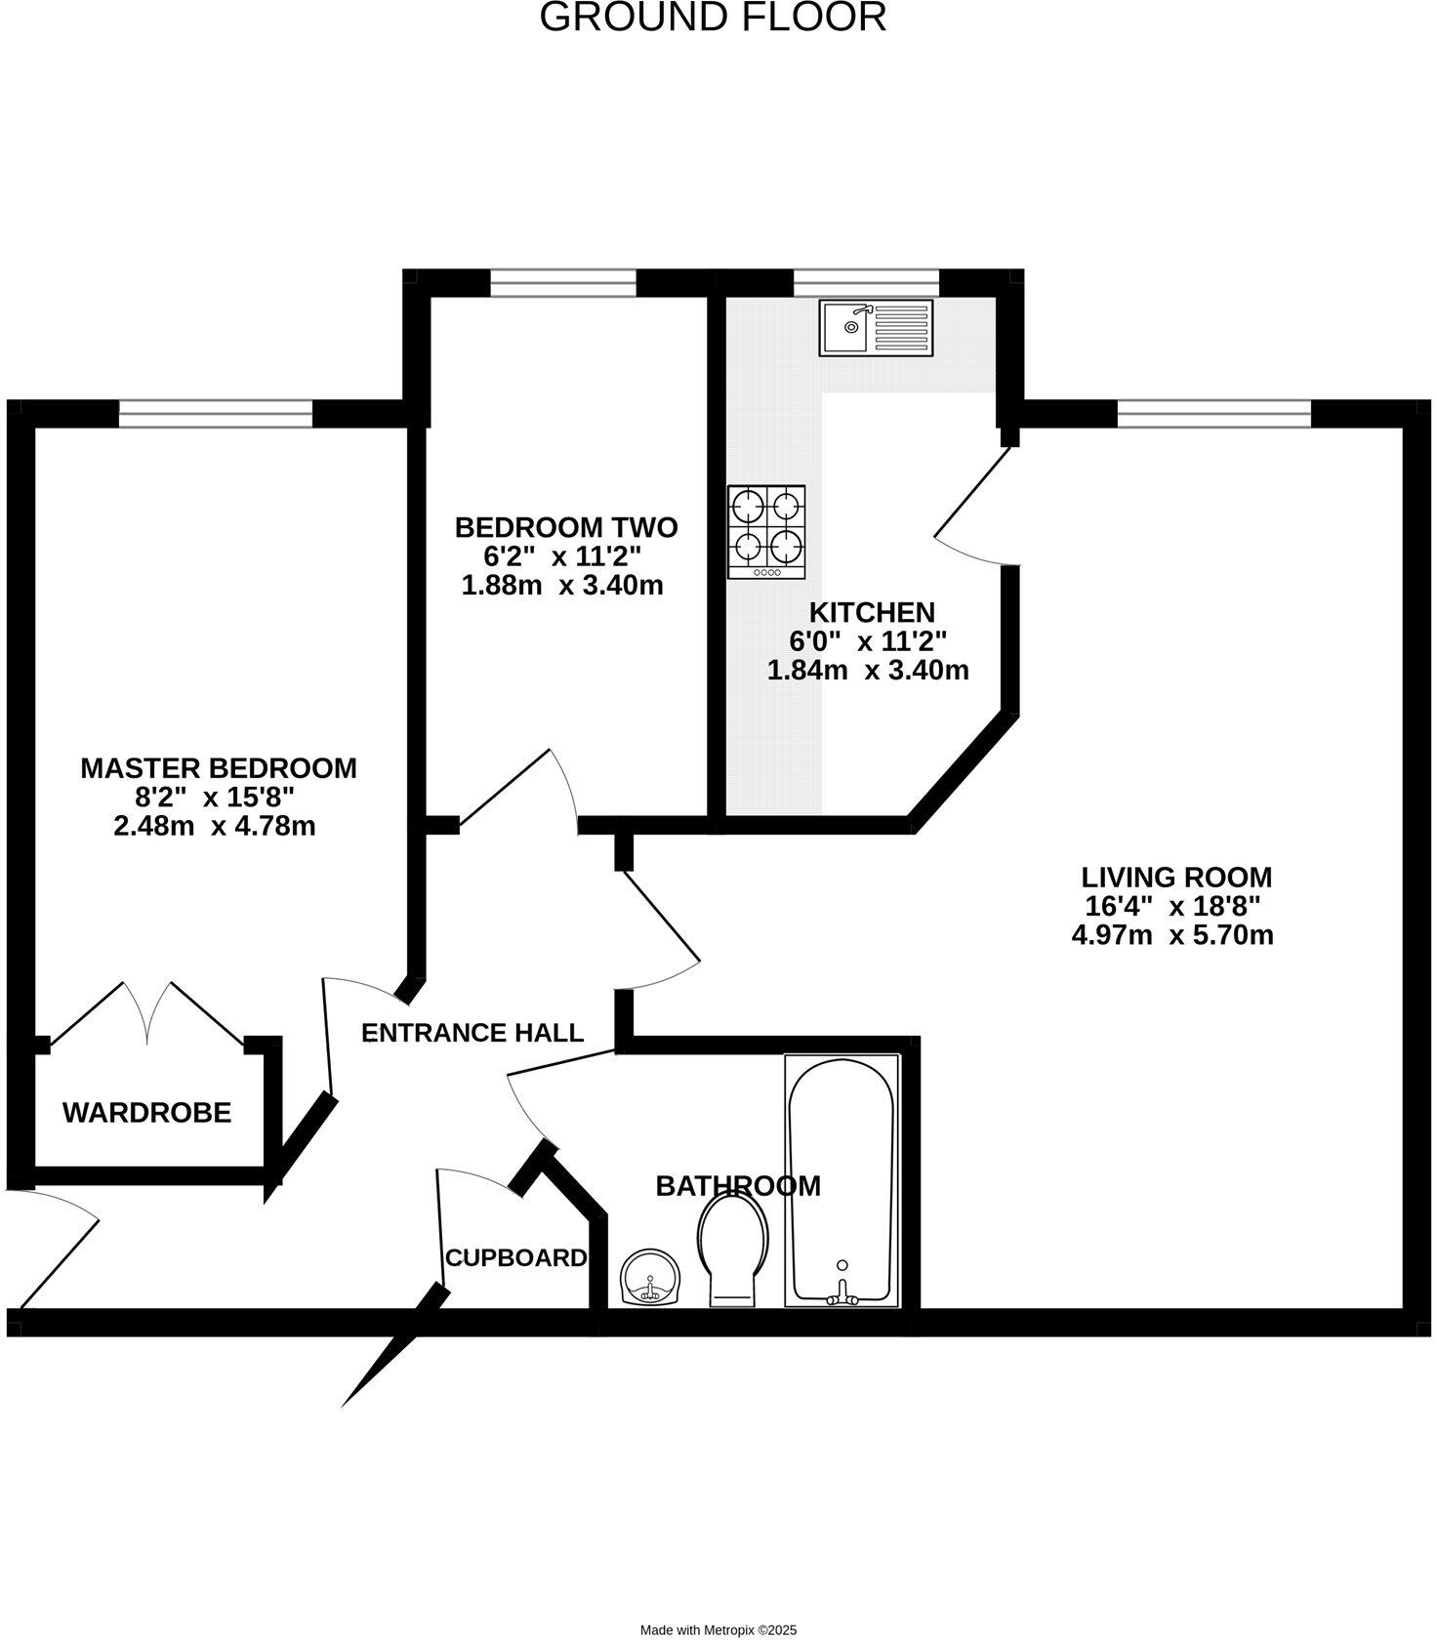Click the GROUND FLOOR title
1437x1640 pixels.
[x=714, y=18]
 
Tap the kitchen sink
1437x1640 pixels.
[x=876, y=328]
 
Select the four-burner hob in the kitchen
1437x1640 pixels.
[x=766, y=532]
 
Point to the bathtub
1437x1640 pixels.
[x=842, y=1181]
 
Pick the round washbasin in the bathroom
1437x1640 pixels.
[x=649, y=1279]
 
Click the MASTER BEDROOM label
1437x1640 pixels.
[x=219, y=768]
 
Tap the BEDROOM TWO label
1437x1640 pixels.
[x=566, y=528]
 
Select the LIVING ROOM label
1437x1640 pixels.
[x=1176, y=877]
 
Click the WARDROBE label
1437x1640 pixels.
[x=147, y=1112]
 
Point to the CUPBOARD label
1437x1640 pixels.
[x=516, y=1258]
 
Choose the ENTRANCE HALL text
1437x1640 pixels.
[x=472, y=1033]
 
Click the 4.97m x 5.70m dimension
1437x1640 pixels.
[x=1172, y=935]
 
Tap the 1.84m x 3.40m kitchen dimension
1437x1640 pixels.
[x=868, y=672]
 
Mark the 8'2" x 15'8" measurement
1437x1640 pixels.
[x=214, y=798]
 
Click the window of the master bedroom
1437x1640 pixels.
[x=216, y=414]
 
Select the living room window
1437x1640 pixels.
[x=1214, y=414]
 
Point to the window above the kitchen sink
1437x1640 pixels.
[x=866, y=282]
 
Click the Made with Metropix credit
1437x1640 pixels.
[x=718, y=1630]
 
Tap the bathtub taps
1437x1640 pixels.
[x=842, y=1296]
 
